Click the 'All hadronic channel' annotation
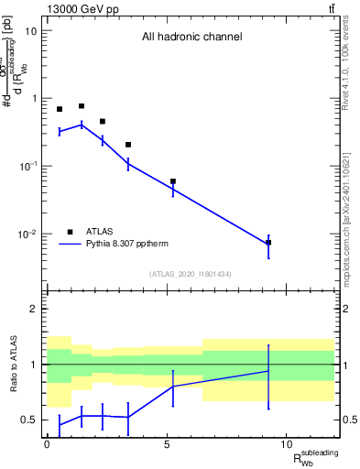coord(191,38)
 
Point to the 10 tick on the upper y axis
coord(31,31)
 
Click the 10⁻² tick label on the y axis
coord(27,234)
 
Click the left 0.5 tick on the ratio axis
coord(28,420)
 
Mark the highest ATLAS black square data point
coord(82,106)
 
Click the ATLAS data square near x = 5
coord(173,181)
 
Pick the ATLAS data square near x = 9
coord(268,243)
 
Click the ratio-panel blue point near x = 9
coord(268,371)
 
